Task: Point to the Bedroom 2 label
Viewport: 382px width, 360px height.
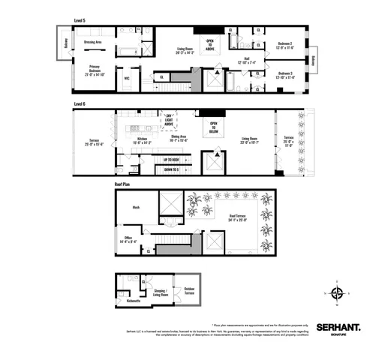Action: pyautogui.click(x=281, y=44)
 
